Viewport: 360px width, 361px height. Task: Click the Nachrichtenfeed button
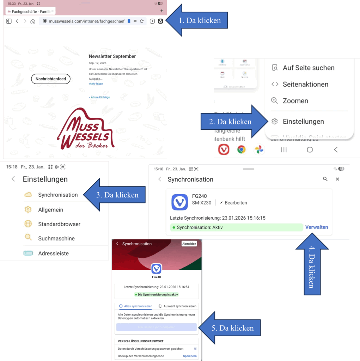[51, 79]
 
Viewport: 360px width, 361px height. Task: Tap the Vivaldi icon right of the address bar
[160, 21]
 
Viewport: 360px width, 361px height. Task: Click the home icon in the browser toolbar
[33, 21]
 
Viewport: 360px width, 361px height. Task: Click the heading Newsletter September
[112, 56]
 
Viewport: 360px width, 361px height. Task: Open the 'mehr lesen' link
[96, 84]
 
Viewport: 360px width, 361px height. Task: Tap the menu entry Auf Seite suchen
[308, 68]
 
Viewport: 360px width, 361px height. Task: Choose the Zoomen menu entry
[295, 101]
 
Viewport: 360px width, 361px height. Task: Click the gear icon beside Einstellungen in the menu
[275, 122]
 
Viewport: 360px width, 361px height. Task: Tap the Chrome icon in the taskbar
[241, 149]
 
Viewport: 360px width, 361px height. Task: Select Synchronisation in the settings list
[58, 195]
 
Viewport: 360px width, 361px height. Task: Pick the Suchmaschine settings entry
[56, 238]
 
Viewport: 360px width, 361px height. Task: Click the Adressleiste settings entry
[53, 253]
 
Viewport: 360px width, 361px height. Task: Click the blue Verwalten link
[316, 227]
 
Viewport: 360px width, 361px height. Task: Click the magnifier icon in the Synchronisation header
[325, 179]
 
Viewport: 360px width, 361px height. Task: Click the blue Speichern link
[190, 356]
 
